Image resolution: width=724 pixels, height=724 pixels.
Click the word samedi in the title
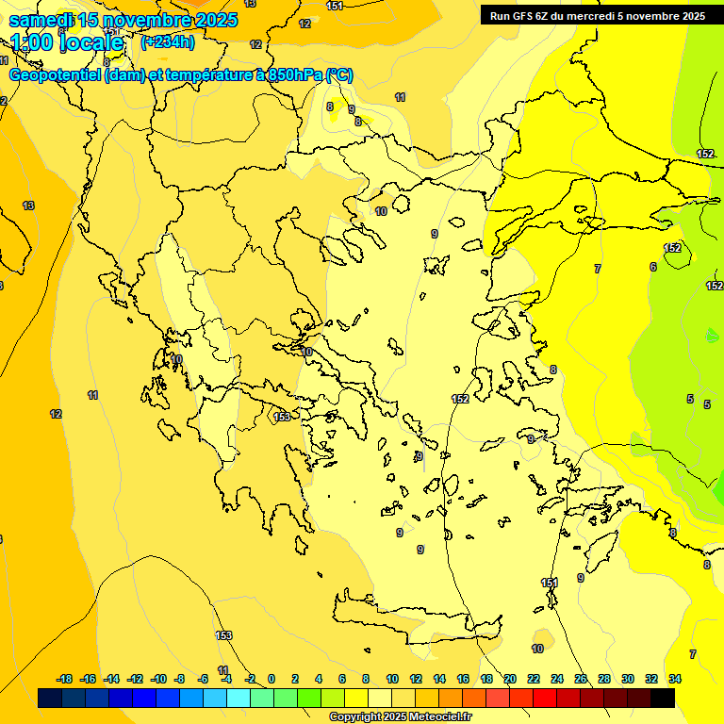(x=41, y=20)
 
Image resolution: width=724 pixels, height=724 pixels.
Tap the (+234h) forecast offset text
(x=168, y=41)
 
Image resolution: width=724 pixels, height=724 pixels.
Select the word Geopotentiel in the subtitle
(x=55, y=76)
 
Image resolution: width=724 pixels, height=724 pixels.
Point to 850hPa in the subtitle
(x=294, y=76)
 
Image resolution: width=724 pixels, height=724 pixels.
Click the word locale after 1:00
(x=93, y=42)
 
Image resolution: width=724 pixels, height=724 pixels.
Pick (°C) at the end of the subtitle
(x=339, y=76)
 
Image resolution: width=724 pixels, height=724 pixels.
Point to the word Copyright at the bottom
(x=355, y=717)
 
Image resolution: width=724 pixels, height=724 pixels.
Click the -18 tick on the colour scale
(x=64, y=679)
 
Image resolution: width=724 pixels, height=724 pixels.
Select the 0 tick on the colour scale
(x=271, y=679)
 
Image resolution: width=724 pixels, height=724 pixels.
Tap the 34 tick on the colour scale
(x=675, y=679)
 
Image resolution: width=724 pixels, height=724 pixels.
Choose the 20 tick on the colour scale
(x=510, y=679)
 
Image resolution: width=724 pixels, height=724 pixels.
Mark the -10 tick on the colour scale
(x=157, y=679)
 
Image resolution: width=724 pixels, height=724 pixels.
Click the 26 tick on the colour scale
(x=581, y=679)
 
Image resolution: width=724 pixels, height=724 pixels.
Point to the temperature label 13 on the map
(x=28, y=206)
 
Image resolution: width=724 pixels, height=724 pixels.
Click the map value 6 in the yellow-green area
(x=652, y=267)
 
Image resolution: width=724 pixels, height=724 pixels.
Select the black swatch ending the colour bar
(x=663, y=698)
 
